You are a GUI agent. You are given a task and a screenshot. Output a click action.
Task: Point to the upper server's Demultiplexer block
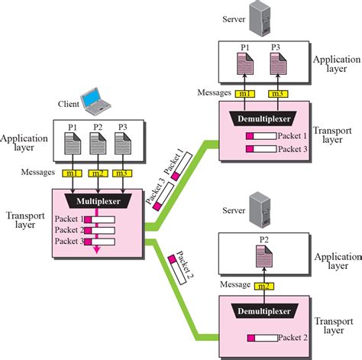[x=264, y=118]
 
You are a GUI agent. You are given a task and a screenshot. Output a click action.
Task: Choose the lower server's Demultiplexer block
[x=264, y=311]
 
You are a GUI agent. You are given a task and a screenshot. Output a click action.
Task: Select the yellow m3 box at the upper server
[x=278, y=93]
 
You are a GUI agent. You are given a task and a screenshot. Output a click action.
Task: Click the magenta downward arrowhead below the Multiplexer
[x=95, y=257]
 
